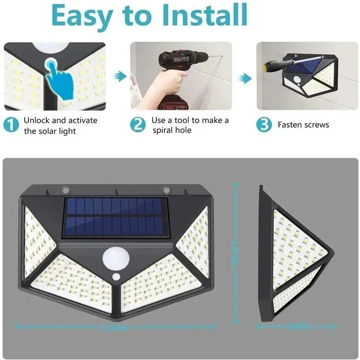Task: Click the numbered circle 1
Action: coord(11,125)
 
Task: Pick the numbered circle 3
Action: coord(265,125)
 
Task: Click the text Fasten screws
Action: coord(303,125)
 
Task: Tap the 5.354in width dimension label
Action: coord(115,327)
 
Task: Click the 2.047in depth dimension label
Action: coord(298,326)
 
